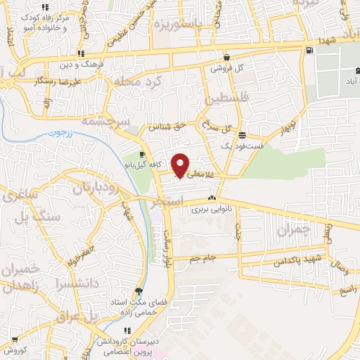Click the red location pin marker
tap(181, 165)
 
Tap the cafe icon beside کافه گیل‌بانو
tap(143, 155)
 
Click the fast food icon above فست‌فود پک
tap(242, 135)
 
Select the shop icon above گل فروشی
tap(226, 58)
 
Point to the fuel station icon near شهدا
tap(309, 50)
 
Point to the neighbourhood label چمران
tap(293, 229)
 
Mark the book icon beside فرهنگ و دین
tap(81, 53)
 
